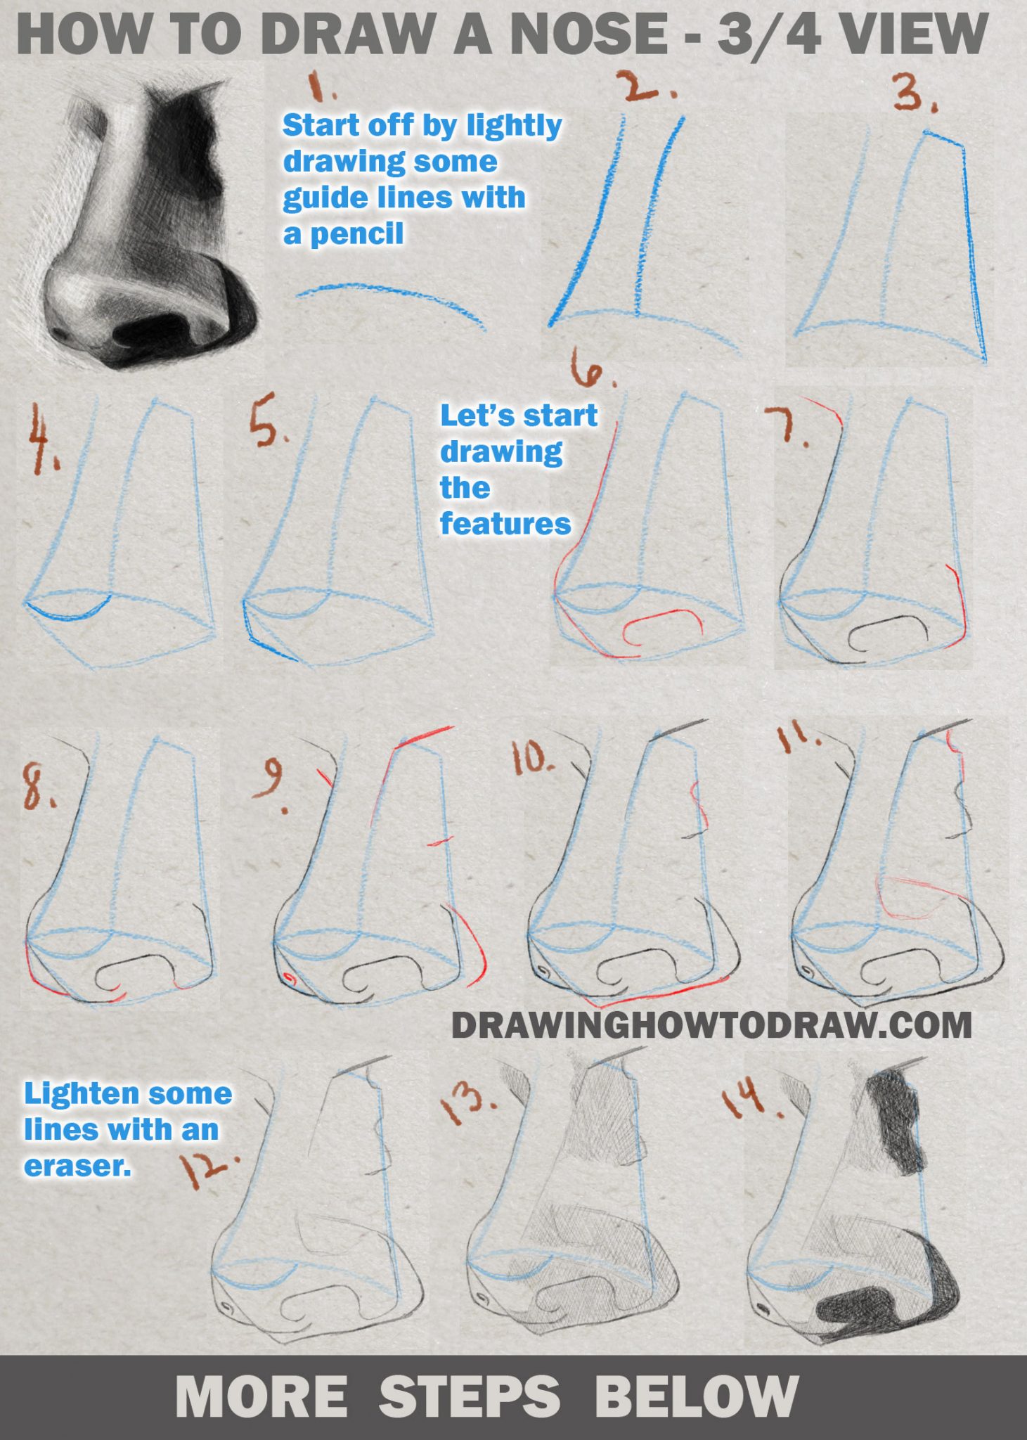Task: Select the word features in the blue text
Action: tap(505, 524)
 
